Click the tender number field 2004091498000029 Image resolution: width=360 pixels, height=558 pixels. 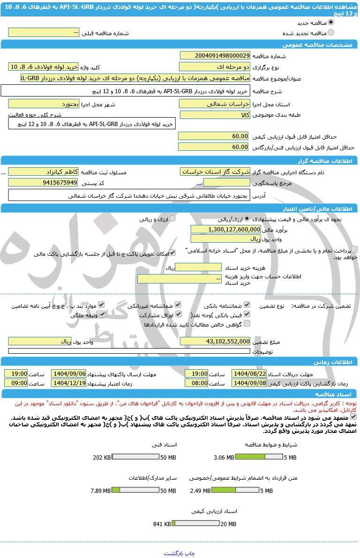tap(215, 55)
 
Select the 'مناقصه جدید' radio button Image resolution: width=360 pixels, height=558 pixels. tap(331, 22)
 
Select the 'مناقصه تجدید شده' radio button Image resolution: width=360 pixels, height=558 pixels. tap(331, 33)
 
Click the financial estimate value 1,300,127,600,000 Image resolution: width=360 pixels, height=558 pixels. tap(225, 229)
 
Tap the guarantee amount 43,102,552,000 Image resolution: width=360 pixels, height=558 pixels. tap(215, 342)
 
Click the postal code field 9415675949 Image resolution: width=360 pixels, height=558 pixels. tap(43, 182)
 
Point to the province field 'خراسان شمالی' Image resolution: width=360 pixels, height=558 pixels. tap(215, 104)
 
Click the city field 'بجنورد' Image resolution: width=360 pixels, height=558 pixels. tap(43, 104)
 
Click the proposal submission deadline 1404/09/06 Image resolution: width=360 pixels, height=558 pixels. tap(69, 373)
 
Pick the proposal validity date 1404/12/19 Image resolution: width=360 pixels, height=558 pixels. tap(69, 383)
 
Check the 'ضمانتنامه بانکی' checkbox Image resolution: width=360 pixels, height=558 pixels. tap(247, 305)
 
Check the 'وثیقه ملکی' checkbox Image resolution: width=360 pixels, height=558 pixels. tap(101, 315)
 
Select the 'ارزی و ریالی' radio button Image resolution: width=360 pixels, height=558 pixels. tap(172, 219)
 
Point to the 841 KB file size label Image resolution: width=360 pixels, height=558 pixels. tap(162, 524)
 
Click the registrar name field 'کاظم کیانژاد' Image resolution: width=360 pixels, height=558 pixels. tap(43, 172)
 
